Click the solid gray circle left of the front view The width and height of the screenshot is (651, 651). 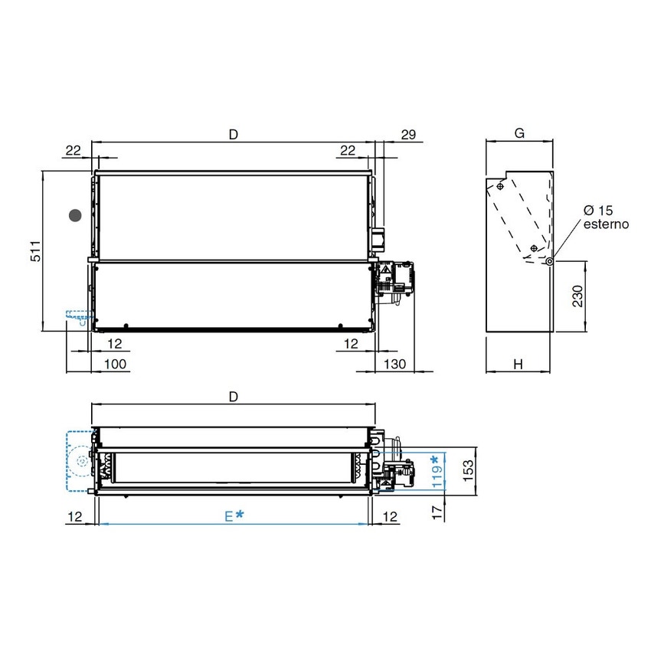(x=75, y=216)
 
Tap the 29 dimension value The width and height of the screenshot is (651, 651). (x=407, y=135)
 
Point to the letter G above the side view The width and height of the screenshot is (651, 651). (x=519, y=133)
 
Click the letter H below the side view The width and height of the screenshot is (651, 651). (x=519, y=365)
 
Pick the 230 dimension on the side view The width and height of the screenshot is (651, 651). (x=577, y=296)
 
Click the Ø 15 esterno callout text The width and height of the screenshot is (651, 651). (x=605, y=218)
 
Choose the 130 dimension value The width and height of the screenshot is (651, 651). (x=394, y=365)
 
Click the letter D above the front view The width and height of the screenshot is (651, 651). (x=234, y=134)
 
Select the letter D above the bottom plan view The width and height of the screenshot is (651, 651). (x=234, y=396)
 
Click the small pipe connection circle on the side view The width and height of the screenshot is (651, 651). (x=550, y=261)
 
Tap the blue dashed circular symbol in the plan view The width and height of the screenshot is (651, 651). (x=81, y=462)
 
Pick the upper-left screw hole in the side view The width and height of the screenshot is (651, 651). (x=499, y=186)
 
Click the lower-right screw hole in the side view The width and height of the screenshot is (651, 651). (x=534, y=249)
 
